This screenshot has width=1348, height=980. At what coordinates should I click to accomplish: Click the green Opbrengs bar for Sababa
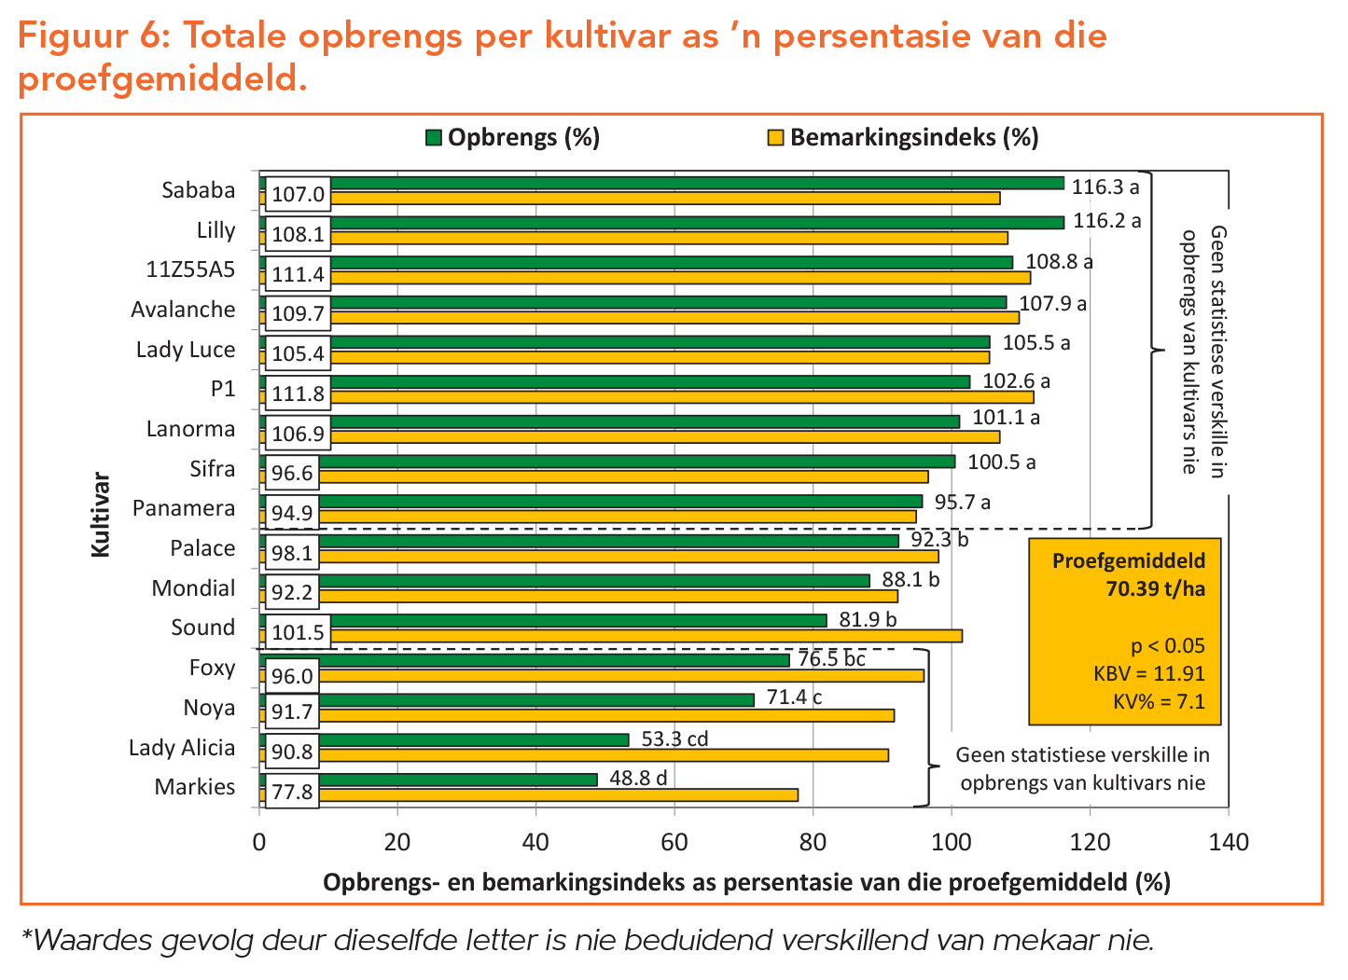click(x=695, y=183)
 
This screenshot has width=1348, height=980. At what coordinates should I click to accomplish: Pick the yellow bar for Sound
click(x=644, y=636)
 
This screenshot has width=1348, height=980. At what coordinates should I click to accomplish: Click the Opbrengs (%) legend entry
click(x=512, y=138)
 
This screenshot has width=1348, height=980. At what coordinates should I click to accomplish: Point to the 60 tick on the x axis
click(x=674, y=843)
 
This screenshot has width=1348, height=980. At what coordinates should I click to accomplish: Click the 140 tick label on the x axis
click(x=1228, y=843)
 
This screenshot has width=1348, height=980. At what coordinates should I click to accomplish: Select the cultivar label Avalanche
click(x=183, y=310)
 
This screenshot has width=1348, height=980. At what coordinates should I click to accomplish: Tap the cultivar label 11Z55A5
click(x=190, y=270)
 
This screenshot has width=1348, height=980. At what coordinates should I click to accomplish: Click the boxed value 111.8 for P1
click(x=298, y=393)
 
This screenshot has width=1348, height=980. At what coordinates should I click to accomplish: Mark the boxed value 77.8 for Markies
click(x=292, y=793)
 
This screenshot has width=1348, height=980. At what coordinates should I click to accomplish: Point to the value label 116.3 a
click(x=1105, y=186)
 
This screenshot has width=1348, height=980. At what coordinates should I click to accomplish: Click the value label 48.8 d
click(x=638, y=778)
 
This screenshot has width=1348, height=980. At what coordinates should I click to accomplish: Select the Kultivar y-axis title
click(x=101, y=516)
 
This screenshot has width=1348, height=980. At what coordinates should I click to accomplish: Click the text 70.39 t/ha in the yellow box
click(x=1155, y=589)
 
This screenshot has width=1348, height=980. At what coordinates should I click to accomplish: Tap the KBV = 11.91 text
click(x=1148, y=674)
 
